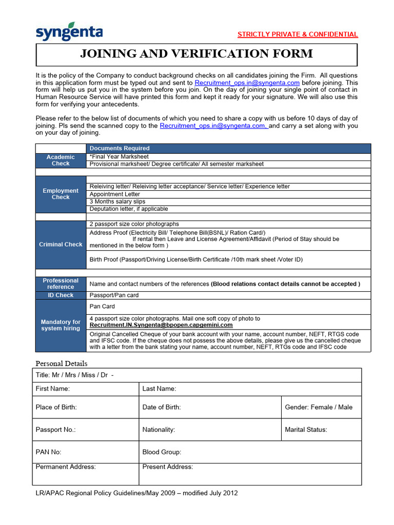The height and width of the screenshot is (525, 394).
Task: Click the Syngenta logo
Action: point(69,32)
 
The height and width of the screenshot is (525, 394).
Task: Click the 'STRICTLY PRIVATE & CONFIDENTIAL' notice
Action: point(298,34)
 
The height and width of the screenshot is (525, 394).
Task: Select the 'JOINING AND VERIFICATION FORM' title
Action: point(196,54)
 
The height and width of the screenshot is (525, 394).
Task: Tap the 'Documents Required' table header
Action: point(120,149)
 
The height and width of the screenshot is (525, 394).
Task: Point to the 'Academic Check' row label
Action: point(61,160)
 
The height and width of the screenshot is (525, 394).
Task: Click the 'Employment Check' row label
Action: point(61,194)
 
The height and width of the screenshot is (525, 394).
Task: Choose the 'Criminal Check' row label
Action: point(61,245)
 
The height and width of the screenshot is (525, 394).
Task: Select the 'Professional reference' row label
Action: point(61,284)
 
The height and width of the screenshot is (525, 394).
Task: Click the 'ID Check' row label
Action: point(61,295)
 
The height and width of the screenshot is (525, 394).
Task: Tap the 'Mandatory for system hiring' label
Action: point(61,325)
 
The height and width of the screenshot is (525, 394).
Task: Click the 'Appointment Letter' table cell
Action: point(114,194)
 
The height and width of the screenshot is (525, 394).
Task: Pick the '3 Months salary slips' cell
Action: point(117,201)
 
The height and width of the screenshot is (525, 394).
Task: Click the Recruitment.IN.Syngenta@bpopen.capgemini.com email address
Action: point(161,325)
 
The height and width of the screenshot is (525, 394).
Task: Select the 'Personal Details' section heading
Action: point(62,364)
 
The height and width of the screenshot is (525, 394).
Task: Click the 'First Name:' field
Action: point(86,389)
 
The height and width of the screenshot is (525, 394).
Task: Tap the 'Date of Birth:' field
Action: point(210,407)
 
